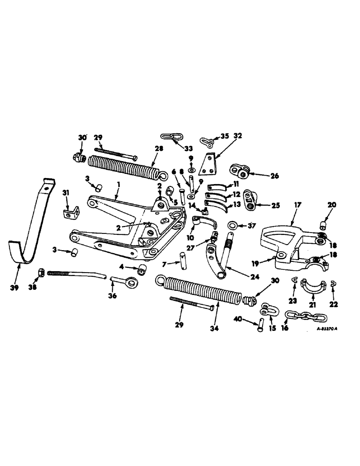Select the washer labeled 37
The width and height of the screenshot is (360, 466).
[x=232, y=226]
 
